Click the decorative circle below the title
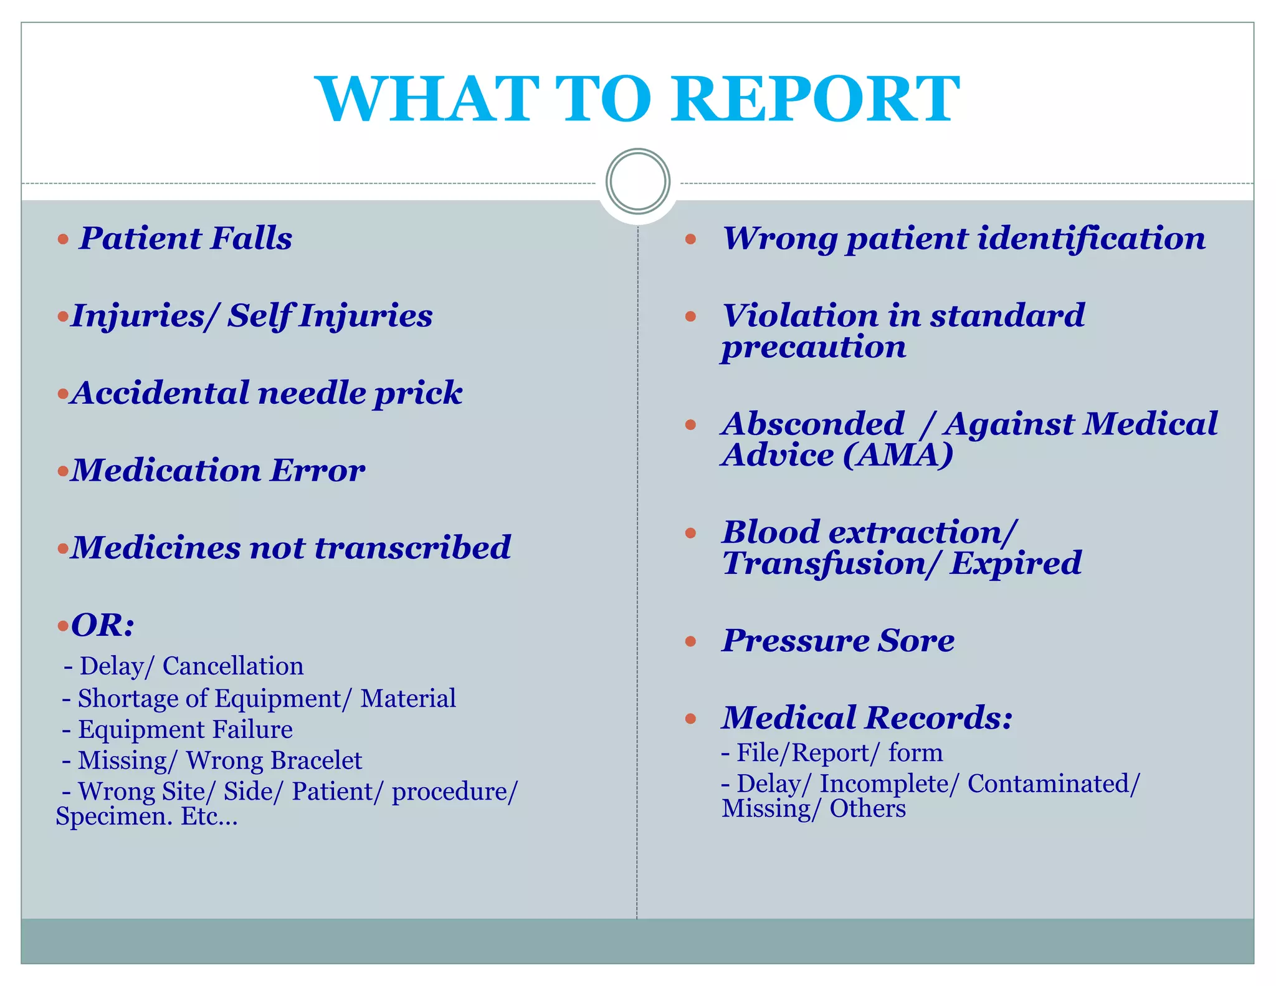click(x=637, y=181)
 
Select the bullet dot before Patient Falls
click(x=63, y=239)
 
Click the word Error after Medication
click(x=317, y=471)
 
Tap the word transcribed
click(x=412, y=548)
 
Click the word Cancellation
click(x=233, y=666)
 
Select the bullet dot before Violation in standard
click(x=690, y=317)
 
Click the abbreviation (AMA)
click(x=898, y=455)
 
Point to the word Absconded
click(x=813, y=424)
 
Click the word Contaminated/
click(x=1054, y=784)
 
